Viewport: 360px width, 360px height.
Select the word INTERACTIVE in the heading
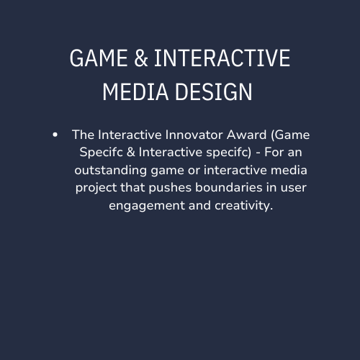pos(222,58)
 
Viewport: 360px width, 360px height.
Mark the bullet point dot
pos(55,135)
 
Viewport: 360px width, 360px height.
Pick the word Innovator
pos(195,135)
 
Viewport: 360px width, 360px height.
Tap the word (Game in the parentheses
pos(292,135)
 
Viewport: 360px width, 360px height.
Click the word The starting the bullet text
pos(83,135)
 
